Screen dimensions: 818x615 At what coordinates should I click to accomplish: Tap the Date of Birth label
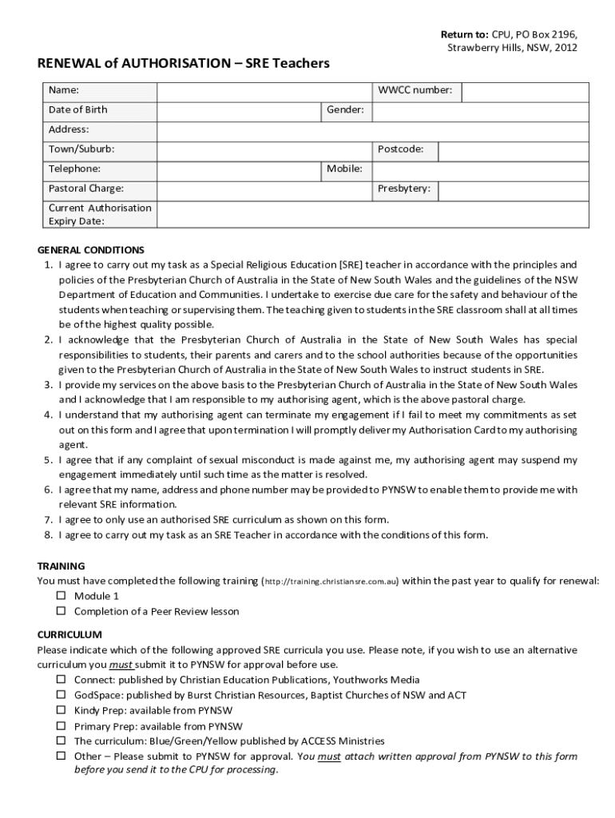(x=77, y=110)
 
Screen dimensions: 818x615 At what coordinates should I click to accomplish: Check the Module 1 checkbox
(x=61, y=596)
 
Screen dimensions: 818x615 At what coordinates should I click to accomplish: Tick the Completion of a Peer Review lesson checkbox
(x=61, y=611)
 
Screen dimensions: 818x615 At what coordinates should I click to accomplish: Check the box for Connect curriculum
(x=61, y=680)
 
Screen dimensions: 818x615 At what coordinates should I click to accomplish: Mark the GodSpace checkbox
(x=61, y=695)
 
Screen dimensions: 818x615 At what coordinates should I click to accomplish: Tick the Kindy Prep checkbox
(x=61, y=710)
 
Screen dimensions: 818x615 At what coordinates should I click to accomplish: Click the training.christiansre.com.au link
(x=331, y=582)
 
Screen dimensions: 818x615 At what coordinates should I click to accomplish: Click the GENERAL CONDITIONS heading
(x=91, y=249)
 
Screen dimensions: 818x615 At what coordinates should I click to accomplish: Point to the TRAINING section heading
(x=61, y=566)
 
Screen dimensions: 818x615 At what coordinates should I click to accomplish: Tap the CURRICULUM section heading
(x=69, y=634)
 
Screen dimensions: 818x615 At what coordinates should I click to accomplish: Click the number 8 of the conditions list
(x=48, y=535)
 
